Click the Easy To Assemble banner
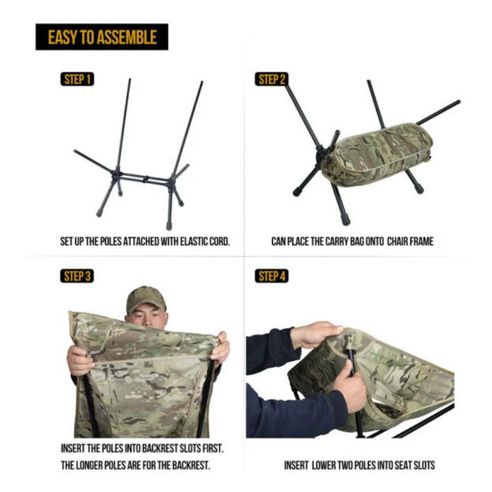pyautogui.click(x=102, y=37)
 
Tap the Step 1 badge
pyautogui.click(x=76, y=80)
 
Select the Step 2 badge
pyautogui.click(x=272, y=80)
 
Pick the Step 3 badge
pyautogui.click(x=76, y=276)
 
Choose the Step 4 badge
pyautogui.click(x=272, y=276)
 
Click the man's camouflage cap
pyautogui.click(x=146, y=298)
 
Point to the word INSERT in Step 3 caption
pyautogui.click(x=75, y=448)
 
